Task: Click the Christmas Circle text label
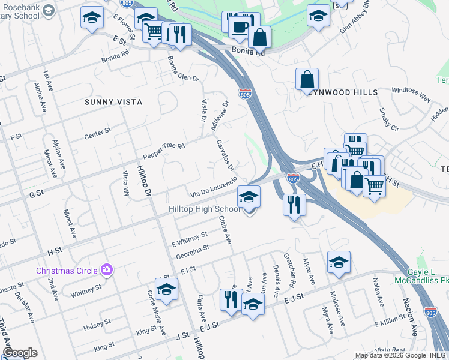click(x=67, y=270)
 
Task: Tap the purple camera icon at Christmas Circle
click(x=106, y=269)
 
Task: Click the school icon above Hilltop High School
click(x=249, y=196)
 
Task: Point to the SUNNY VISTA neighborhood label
click(x=113, y=102)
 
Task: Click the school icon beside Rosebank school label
click(x=92, y=19)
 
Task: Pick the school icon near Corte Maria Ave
click(x=166, y=290)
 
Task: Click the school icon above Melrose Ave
click(x=339, y=262)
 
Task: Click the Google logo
click(x=20, y=353)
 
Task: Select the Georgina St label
click(x=193, y=251)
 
